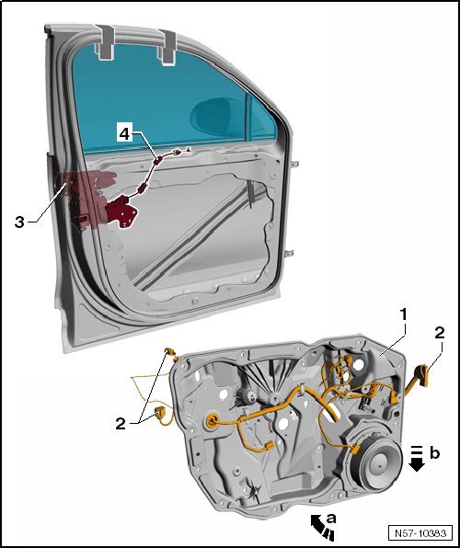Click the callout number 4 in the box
[124, 132]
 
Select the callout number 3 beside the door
[19, 223]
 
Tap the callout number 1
[404, 314]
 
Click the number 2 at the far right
[440, 333]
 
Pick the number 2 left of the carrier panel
[121, 424]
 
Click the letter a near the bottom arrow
[331, 519]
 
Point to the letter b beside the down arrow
[435, 453]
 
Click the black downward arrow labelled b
[417, 459]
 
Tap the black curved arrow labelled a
[321, 528]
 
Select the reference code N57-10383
[420, 533]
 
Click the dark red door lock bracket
[121, 211]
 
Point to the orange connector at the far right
[422, 376]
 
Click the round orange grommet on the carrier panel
[212, 421]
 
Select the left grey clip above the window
[105, 42]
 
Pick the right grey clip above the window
[167, 48]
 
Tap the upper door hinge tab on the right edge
[295, 164]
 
